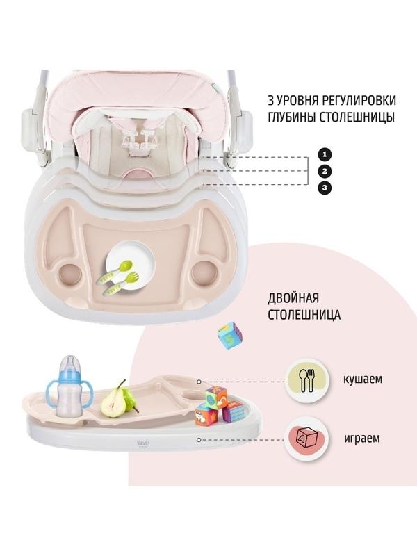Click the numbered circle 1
click(325, 154)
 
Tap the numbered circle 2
click(325, 172)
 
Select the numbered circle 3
click(325, 188)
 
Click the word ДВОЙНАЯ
click(293, 298)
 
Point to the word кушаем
click(363, 379)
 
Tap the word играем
click(362, 439)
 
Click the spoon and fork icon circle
click(307, 381)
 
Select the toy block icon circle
click(307, 439)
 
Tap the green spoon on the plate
click(115, 272)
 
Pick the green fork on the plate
click(121, 283)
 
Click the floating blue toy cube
click(231, 336)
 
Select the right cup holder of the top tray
click(203, 272)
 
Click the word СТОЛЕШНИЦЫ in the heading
click(358, 117)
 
